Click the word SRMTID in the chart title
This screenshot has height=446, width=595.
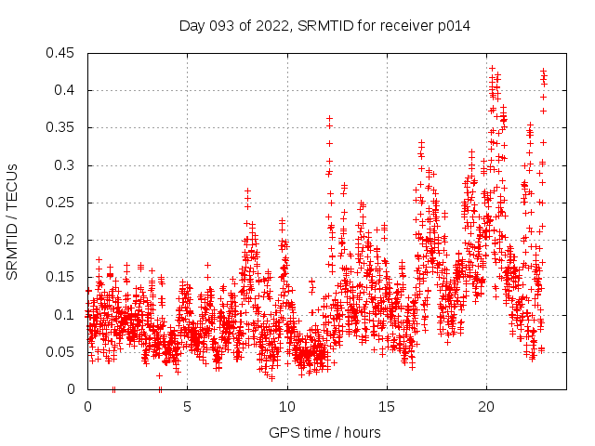324,26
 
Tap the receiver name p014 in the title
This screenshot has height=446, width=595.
451,26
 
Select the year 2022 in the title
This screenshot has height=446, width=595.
270,26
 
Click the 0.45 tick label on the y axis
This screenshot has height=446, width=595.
62,53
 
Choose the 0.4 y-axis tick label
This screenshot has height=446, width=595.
66,90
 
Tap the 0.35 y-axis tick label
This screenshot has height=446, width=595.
62,127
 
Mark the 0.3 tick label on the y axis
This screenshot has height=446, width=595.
66,165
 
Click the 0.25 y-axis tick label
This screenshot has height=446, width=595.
62,203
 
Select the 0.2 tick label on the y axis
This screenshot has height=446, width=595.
66,240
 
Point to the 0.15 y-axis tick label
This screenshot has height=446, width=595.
62,277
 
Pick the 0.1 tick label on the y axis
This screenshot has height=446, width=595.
66,314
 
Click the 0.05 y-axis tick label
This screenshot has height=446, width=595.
62,352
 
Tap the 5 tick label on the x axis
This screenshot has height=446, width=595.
187,407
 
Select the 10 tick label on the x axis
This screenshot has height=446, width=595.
286,407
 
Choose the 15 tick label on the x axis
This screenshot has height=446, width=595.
386,407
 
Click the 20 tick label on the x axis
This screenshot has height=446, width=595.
486,407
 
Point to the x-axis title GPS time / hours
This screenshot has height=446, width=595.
324,432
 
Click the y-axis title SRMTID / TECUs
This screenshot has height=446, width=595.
12,221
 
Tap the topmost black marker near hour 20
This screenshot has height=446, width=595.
492,68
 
